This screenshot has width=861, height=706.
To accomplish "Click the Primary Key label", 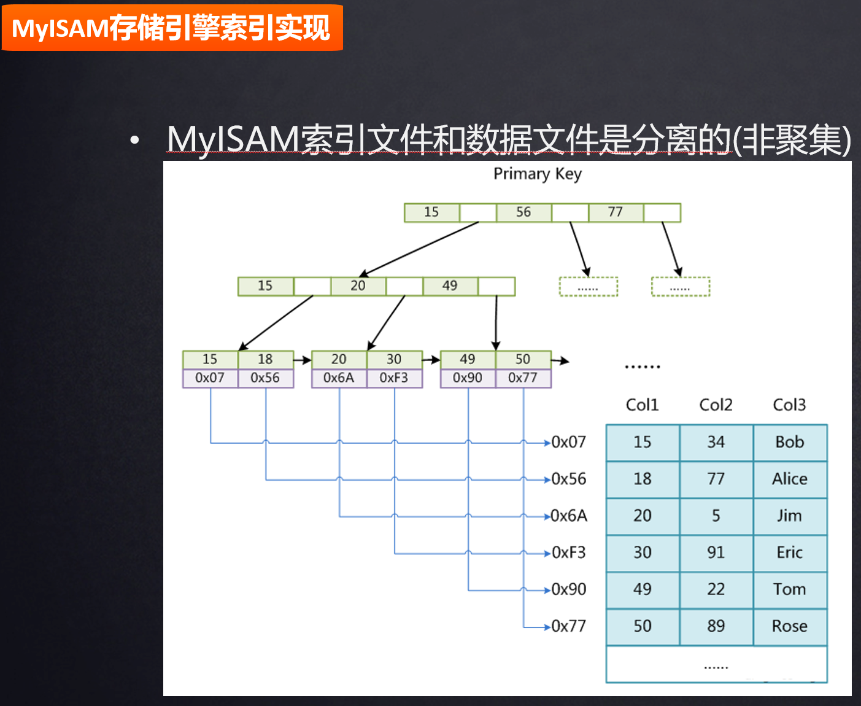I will tap(538, 174).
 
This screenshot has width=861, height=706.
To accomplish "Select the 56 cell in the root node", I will tap(523, 212).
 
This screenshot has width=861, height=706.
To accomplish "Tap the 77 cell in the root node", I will tap(616, 212).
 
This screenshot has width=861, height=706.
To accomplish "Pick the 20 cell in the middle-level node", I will tap(358, 286).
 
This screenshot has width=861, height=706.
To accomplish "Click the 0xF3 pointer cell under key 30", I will tap(394, 378).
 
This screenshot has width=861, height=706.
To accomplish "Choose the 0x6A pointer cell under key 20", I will tap(339, 378).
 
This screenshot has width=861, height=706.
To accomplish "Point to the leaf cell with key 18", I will tap(265, 359).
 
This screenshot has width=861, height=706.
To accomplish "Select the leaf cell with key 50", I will tap(523, 359).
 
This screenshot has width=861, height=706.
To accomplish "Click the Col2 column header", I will tap(716, 405).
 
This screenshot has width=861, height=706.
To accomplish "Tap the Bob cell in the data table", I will tap(790, 442).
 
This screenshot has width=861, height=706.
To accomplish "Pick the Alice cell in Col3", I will tap(790, 479).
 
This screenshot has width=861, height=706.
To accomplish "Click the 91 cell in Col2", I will tap(716, 553).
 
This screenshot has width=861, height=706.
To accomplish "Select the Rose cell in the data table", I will tap(790, 626).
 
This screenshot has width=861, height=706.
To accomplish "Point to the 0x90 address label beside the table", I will tap(569, 589).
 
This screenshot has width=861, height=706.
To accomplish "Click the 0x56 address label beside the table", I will tap(569, 479).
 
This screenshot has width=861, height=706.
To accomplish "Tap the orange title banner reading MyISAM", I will tap(172, 28).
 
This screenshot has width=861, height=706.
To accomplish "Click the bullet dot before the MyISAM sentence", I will tap(134, 141).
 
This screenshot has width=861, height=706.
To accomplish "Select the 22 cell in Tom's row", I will tap(716, 589).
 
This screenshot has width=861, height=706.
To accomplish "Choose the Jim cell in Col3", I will tap(790, 516).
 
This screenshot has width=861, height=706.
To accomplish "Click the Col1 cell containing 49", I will tap(643, 589).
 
